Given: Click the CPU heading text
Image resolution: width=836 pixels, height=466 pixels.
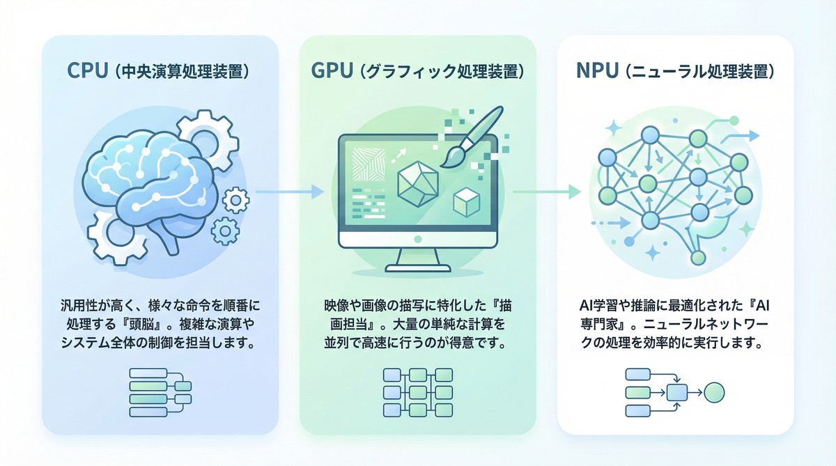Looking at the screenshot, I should pyautogui.click(x=159, y=72).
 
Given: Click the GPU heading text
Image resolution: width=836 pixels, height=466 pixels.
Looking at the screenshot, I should pyautogui.click(x=417, y=72).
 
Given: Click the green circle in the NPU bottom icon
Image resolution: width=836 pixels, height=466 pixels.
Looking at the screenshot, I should pyautogui.click(x=714, y=392).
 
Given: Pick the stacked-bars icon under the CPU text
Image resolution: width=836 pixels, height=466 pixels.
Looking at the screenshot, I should pyautogui.click(x=159, y=391).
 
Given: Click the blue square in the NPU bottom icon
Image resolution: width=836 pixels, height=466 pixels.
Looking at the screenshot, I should pyautogui.click(x=676, y=392).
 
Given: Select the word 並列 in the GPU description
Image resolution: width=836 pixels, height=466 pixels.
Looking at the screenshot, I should pyautogui.click(x=332, y=343).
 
